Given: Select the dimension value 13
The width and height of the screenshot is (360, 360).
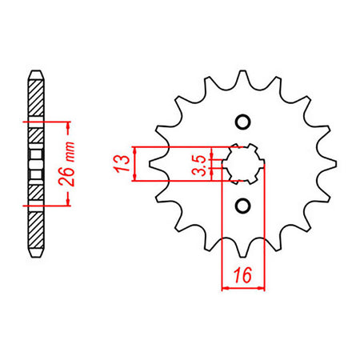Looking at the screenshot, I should [121, 163].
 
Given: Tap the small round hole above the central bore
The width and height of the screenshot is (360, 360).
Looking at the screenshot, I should [242, 122].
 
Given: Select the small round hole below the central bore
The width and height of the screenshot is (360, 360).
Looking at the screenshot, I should [242, 206].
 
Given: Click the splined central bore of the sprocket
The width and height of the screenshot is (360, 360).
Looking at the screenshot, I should [242, 164].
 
